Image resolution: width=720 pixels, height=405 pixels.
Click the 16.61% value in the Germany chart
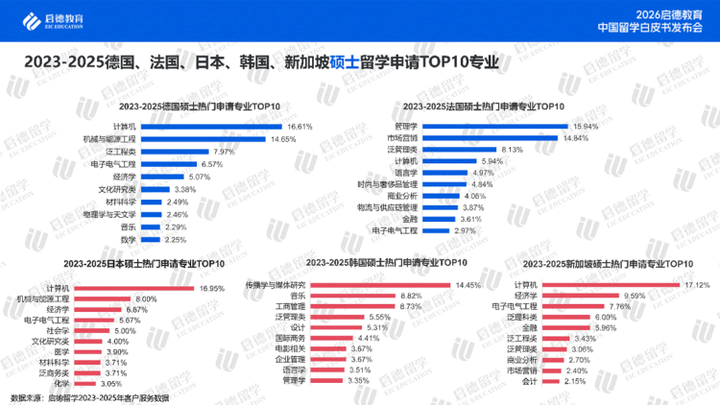(300, 126)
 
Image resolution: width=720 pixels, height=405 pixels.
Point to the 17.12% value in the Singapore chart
(696, 285)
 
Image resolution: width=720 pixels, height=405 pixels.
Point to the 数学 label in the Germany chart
(128, 239)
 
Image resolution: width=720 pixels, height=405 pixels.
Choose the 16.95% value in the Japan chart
(210, 288)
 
